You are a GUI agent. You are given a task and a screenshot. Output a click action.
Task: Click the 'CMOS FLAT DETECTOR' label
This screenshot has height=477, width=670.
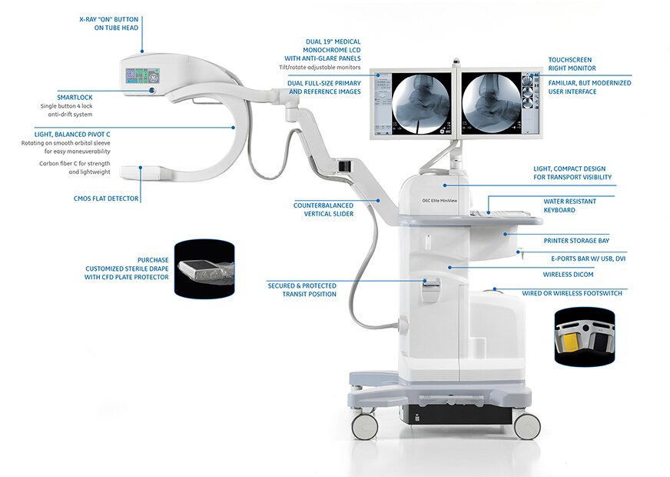point(106,198)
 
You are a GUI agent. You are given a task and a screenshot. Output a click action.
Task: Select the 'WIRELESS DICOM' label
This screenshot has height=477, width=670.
point(568,274)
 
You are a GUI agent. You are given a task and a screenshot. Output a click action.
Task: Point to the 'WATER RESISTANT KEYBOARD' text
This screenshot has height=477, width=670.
point(569,205)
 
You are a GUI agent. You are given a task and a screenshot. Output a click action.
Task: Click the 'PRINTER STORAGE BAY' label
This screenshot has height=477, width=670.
point(576,240)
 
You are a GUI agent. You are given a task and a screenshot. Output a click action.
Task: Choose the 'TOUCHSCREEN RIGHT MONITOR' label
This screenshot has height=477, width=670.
point(570,64)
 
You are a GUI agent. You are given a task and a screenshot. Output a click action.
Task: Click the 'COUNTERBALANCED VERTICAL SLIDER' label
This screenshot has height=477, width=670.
point(323,209)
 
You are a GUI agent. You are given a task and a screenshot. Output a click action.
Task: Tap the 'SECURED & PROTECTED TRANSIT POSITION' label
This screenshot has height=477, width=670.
point(301,289)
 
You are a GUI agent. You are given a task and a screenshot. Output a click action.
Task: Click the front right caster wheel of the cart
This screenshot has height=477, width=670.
point(526,426)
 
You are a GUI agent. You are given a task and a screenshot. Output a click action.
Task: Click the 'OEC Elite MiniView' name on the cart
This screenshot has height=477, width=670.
point(439,196)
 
